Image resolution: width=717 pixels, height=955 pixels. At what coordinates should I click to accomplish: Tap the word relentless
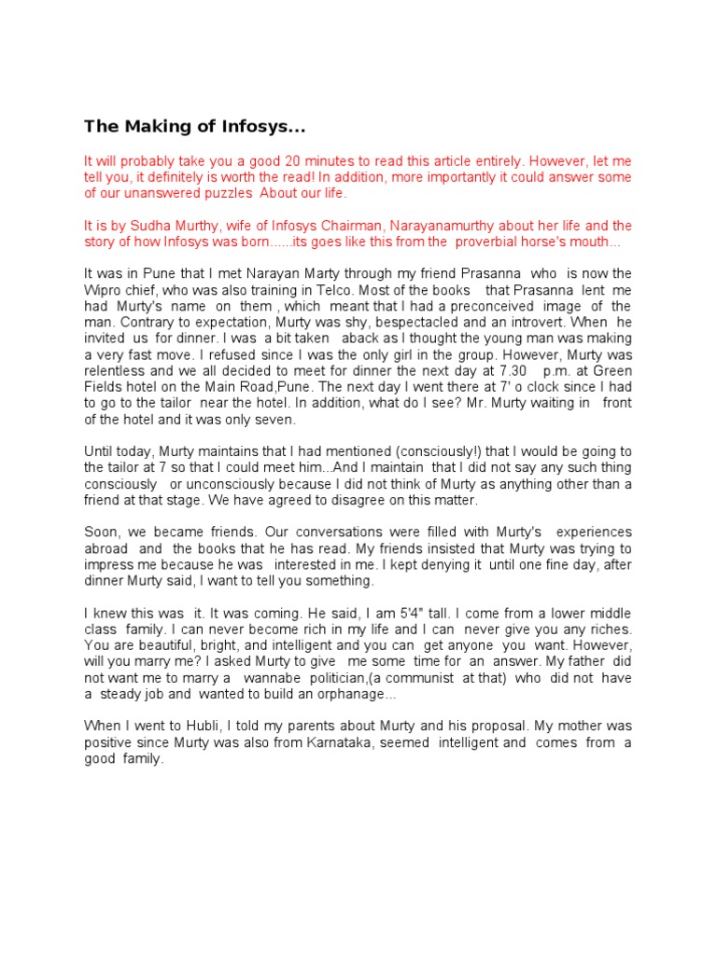point(118,371)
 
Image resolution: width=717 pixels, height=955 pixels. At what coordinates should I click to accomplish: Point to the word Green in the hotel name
point(611,371)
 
